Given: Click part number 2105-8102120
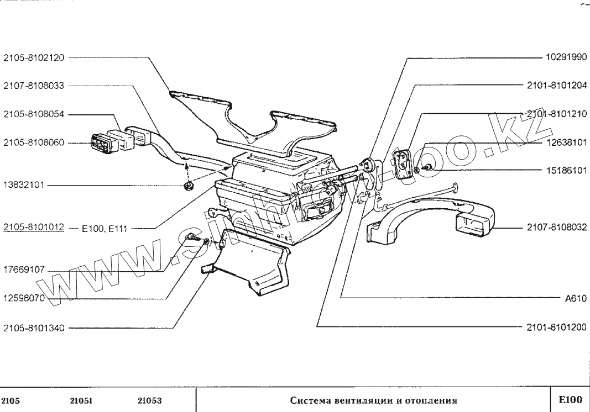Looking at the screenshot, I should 34,57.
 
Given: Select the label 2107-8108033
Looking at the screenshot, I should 34,86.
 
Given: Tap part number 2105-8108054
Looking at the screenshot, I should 34,114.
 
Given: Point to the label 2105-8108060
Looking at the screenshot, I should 34,142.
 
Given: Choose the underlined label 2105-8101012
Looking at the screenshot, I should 34,227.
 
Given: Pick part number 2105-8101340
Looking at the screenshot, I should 34,328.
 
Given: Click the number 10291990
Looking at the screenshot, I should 563,57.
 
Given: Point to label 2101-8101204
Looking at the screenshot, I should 556,86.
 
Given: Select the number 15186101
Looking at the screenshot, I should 563,171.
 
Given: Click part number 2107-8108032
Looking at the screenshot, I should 556,228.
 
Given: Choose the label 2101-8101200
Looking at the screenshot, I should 556,328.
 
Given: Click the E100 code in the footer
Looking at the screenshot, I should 570,400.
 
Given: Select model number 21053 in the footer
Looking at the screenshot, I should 149,400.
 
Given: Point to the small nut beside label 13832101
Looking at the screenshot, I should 188,186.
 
